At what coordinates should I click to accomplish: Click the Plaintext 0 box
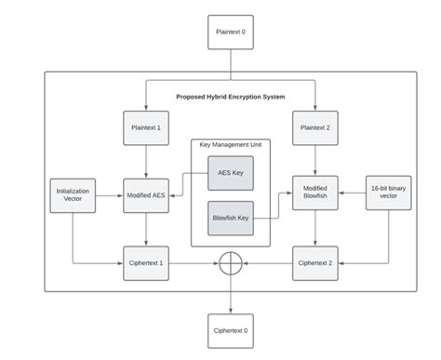point(231,33)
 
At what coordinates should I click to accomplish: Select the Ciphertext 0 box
point(231,329)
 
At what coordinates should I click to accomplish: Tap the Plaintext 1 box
point(146,128)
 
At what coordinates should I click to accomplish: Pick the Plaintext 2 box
point(316,128)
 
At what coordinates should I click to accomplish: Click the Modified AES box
point(146,195)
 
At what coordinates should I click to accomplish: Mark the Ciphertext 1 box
point(146,263)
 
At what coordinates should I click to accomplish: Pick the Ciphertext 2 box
point(316,263)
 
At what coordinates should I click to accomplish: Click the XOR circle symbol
point(231,264)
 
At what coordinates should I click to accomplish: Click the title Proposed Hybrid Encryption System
point(231,96)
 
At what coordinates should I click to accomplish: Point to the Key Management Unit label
point(231,145)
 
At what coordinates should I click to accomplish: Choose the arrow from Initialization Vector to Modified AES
point(108,195)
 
